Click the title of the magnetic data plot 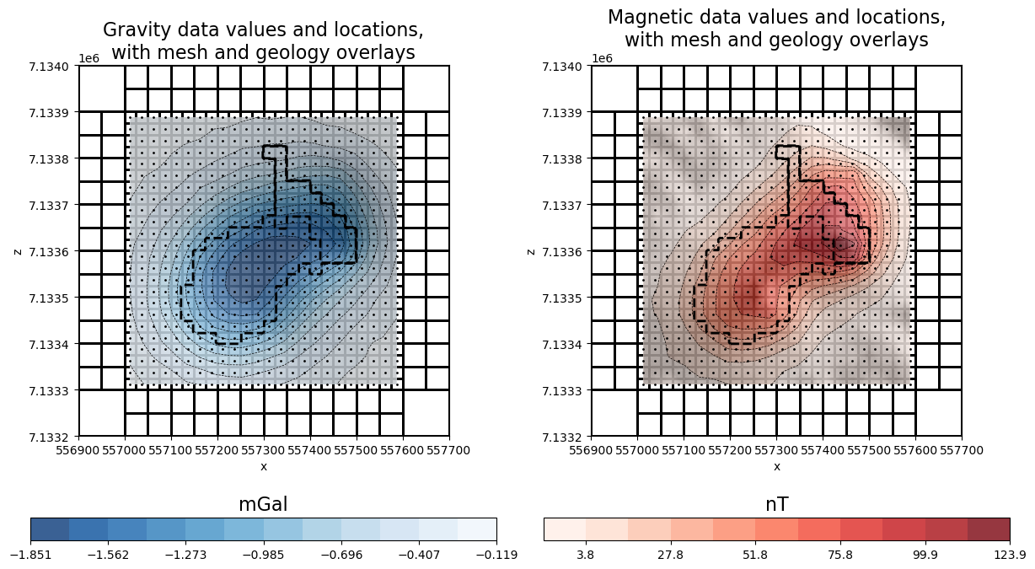(775, 29)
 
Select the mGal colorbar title (263, 504)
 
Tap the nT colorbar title (775, 504)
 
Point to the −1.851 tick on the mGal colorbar (30, 554)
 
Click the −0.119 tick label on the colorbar (496, 554)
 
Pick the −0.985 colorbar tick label (263, 554)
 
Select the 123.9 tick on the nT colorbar (1009, 554)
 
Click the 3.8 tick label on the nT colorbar (585, 554)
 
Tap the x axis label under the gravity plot (263, 466)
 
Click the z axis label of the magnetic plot (531, 251)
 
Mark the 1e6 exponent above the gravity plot (88, 58)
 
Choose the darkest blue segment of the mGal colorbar (50, 529)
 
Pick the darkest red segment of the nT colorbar (989, 529)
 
